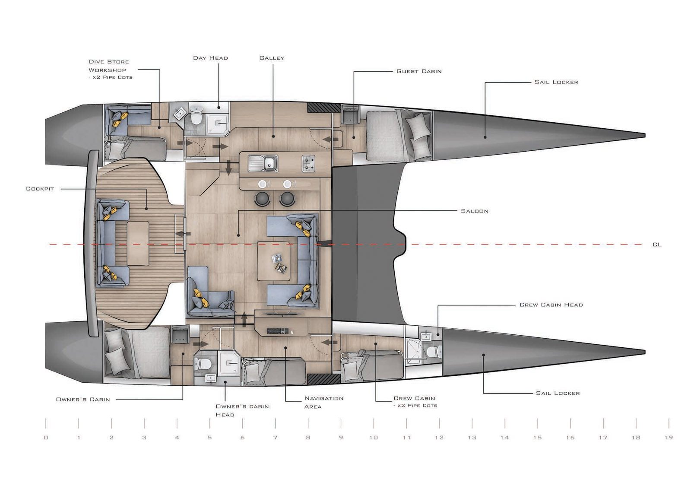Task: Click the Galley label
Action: (272, 58)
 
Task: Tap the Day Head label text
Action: (210, 58)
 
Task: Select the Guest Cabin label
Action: (419, 71)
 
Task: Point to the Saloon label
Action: (475, 211)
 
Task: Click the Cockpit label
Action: (40, 188)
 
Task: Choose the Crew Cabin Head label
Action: (551, 305)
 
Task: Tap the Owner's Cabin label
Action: (82, 400)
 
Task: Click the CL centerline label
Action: (657, 244)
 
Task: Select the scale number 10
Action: (374, 438)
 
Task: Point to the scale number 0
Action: (46, 438)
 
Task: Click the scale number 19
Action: (669, 438)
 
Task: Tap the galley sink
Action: (263, 164)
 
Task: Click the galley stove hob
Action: (308, 164)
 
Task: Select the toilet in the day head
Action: (196, 116)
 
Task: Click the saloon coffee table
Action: (274, 261)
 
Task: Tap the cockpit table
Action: (138, 243)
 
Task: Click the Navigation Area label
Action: (323, 403)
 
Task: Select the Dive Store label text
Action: (109, 62)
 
